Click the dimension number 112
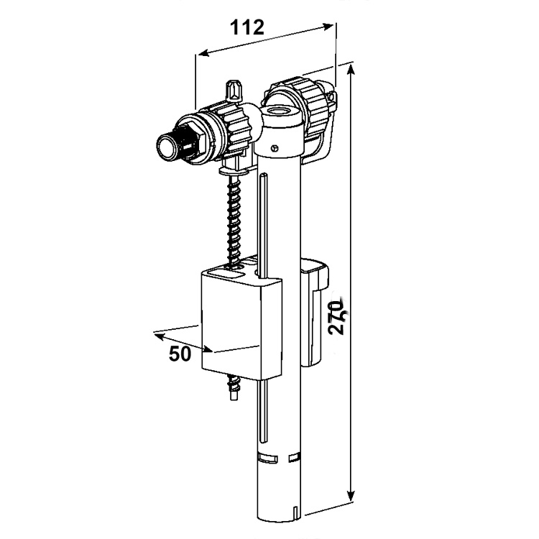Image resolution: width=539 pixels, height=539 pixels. pyautogui.click(x=248, y=27)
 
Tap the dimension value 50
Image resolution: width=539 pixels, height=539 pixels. pyautogui.click(x=180, y=354)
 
